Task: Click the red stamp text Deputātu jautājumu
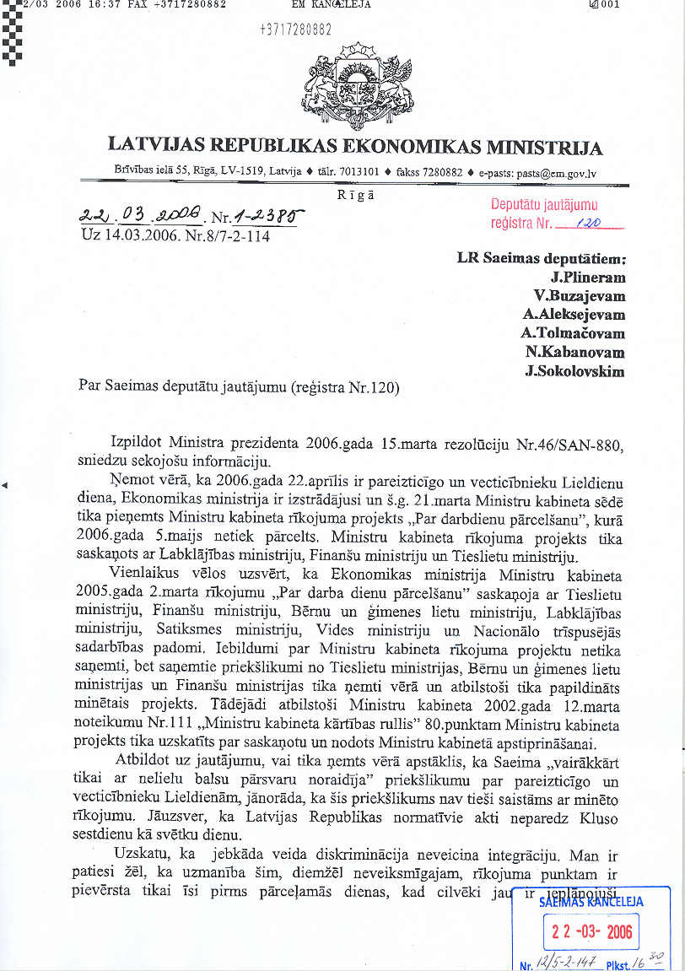(x=544, y=205)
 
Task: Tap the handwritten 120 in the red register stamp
(x=581, y=224)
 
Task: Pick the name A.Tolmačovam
(x=573, y=332)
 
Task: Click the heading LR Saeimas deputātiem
(x=542, y=258)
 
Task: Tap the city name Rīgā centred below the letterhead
(x=354, y=193)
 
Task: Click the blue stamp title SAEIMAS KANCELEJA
(x=591, y=901)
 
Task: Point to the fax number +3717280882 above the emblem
(x=294, y=31)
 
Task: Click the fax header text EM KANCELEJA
(x=331, y=4)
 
